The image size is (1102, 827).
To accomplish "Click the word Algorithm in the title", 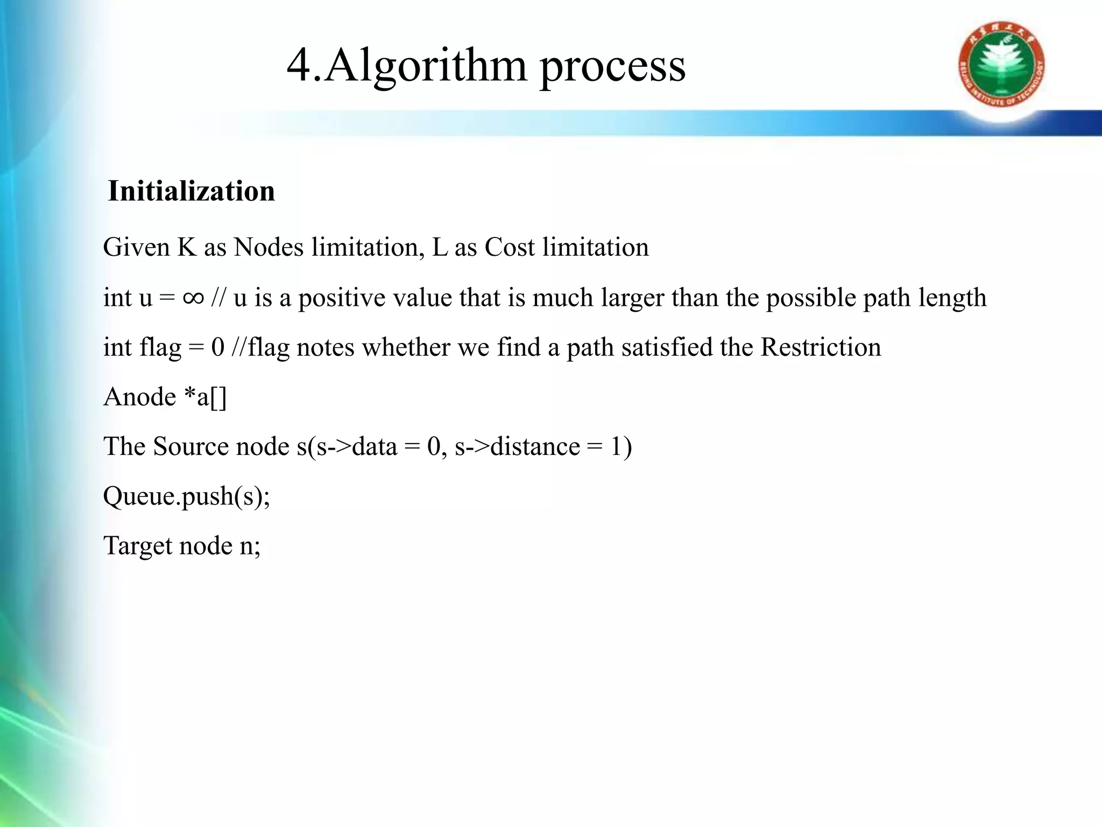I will (426, 65).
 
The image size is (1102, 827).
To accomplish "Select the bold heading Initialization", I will (191, 191).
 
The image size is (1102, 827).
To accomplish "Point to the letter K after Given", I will (187, 248).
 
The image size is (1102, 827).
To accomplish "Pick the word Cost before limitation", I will (510, 248).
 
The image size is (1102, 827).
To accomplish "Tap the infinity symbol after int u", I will (193, 297).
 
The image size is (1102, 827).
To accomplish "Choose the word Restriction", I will (821, 347).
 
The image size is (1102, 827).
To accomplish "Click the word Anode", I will (140, 397).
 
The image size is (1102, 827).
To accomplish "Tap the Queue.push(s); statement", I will (187, 496).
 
